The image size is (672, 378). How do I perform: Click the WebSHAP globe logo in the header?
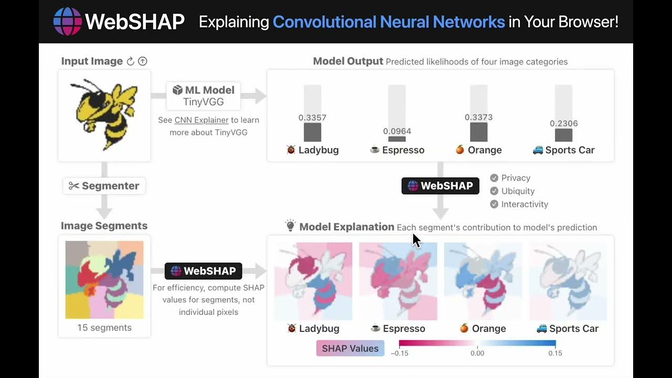68,22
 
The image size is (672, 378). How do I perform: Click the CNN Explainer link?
201,120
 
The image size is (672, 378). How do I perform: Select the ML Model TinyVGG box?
203,96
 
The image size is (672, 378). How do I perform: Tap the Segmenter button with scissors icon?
104,186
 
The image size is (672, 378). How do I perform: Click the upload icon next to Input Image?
142,61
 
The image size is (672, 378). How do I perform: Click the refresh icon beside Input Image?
131,61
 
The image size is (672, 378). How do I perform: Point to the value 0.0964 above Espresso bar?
397,131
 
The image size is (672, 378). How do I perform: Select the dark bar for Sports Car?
563,135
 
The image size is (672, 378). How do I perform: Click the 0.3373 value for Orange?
478,117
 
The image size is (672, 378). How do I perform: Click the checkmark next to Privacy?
494,178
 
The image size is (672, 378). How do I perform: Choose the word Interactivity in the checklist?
524,204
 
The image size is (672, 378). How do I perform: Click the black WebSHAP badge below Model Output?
440,186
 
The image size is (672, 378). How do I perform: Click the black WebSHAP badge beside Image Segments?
203,271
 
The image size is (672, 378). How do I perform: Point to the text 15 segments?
104,328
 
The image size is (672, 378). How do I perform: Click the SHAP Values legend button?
350,348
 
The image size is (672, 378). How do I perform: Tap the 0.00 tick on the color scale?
477,353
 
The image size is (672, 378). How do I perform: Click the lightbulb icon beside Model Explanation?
290,226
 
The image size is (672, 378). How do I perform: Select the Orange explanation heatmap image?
483,281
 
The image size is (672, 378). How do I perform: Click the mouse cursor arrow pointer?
416,240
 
